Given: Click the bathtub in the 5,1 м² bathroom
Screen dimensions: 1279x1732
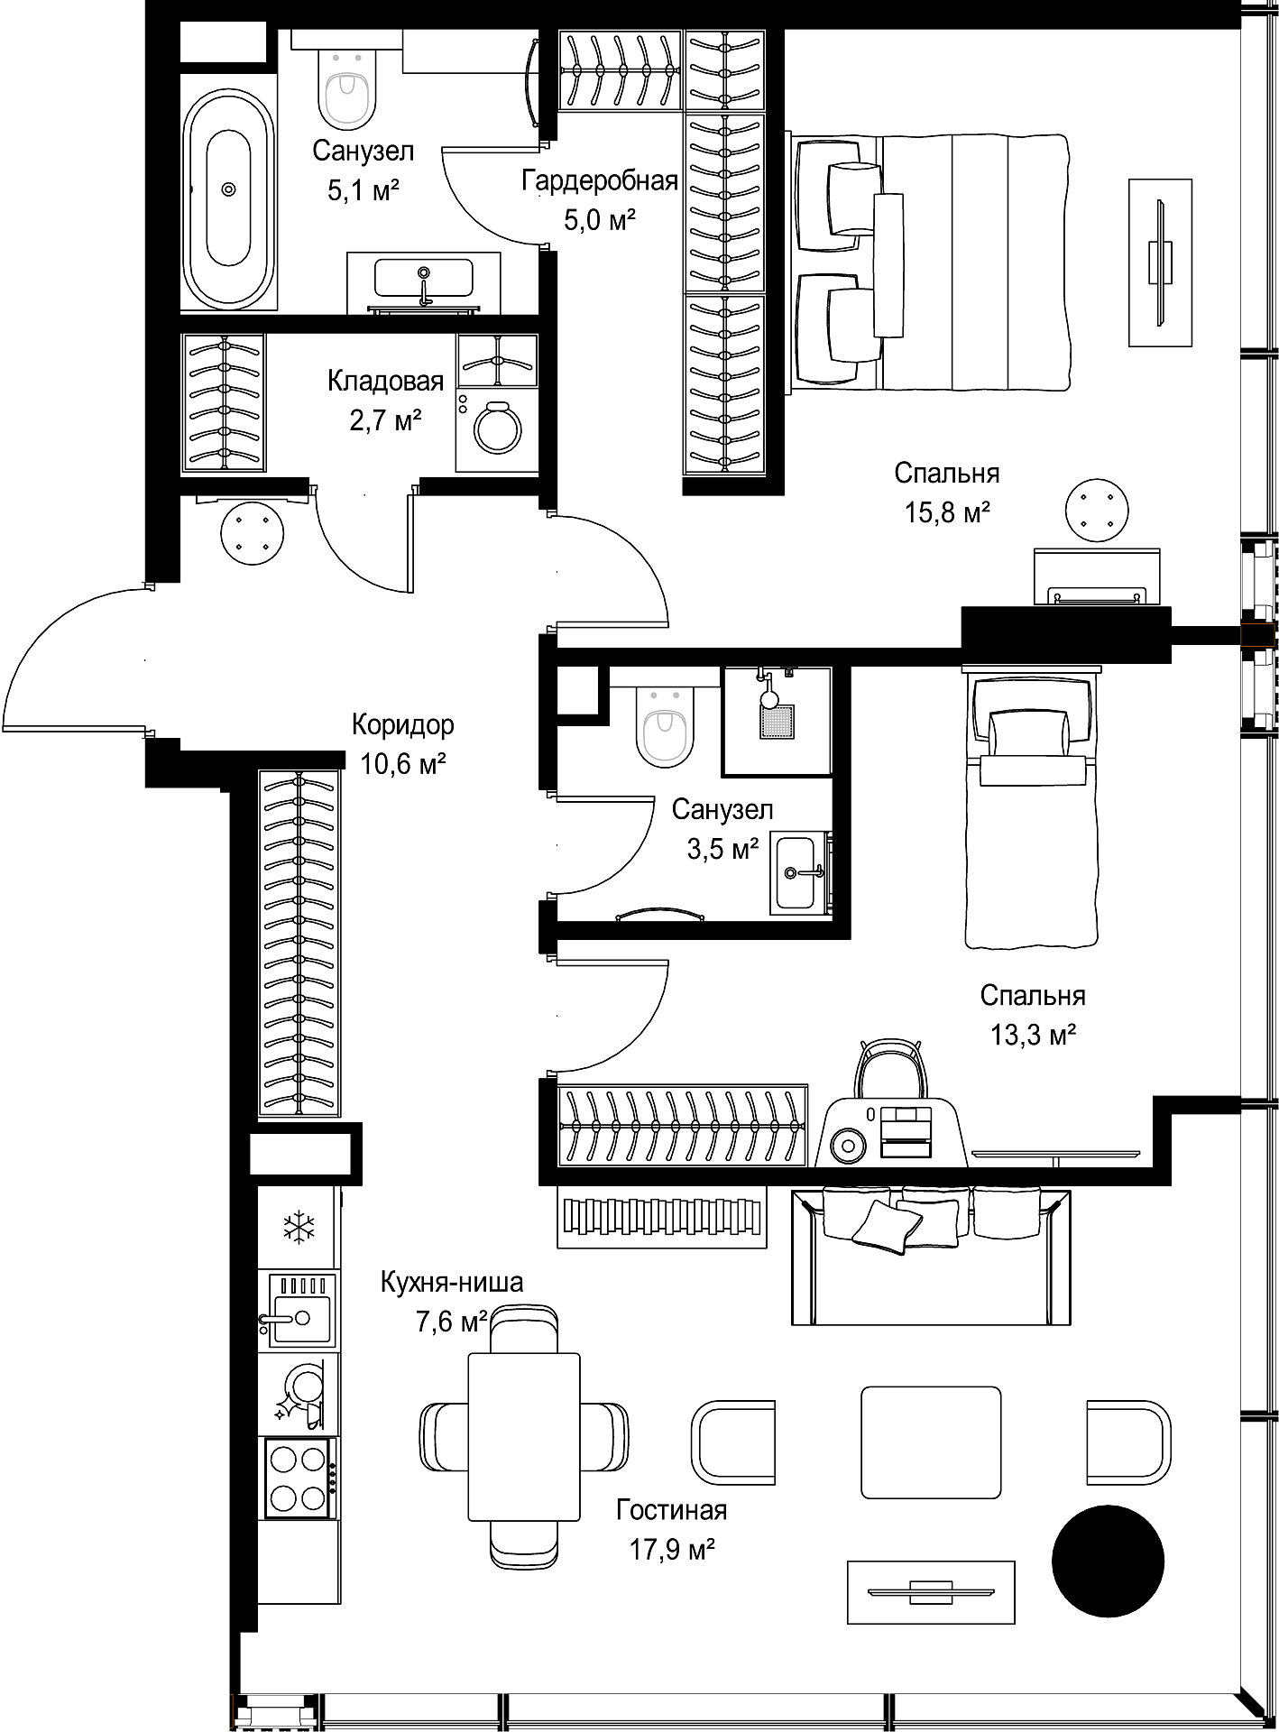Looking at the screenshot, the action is (x=228, y=189).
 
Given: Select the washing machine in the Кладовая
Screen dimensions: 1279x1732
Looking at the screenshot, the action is (x=496, y=429).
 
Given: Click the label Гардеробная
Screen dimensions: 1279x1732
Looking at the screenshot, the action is (x=600, y=181).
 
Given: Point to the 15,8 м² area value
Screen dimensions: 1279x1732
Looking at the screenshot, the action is (x=948, y=513).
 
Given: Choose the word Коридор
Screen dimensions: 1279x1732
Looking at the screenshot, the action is (x=402, y=724).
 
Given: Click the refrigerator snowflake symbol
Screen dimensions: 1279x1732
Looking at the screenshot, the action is (x=299, y=1227).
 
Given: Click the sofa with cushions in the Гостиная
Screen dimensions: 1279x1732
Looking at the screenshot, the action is (x=932, y=1257).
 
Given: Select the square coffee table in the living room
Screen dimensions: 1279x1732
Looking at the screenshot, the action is (x=931, y=1442).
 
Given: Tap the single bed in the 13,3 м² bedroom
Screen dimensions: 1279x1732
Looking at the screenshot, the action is (x=1033, y=806).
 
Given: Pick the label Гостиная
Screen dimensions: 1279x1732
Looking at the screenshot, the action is (x=672, y=1509).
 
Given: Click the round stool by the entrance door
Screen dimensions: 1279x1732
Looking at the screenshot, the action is (x=253, y=532).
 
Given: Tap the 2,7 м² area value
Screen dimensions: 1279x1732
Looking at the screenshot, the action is (x=386, y=420).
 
